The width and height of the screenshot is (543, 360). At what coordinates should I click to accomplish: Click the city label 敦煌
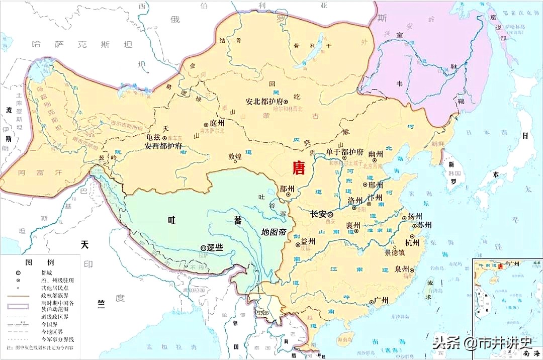[x=235, y=156]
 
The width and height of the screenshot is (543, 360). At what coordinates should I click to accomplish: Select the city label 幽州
[x=376, y=154]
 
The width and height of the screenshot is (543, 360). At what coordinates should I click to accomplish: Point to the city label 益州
[x=308, y=242]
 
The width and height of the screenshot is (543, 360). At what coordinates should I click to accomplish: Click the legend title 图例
[x=39, y=262]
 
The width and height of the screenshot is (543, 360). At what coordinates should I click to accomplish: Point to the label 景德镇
[x=396, y=252]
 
